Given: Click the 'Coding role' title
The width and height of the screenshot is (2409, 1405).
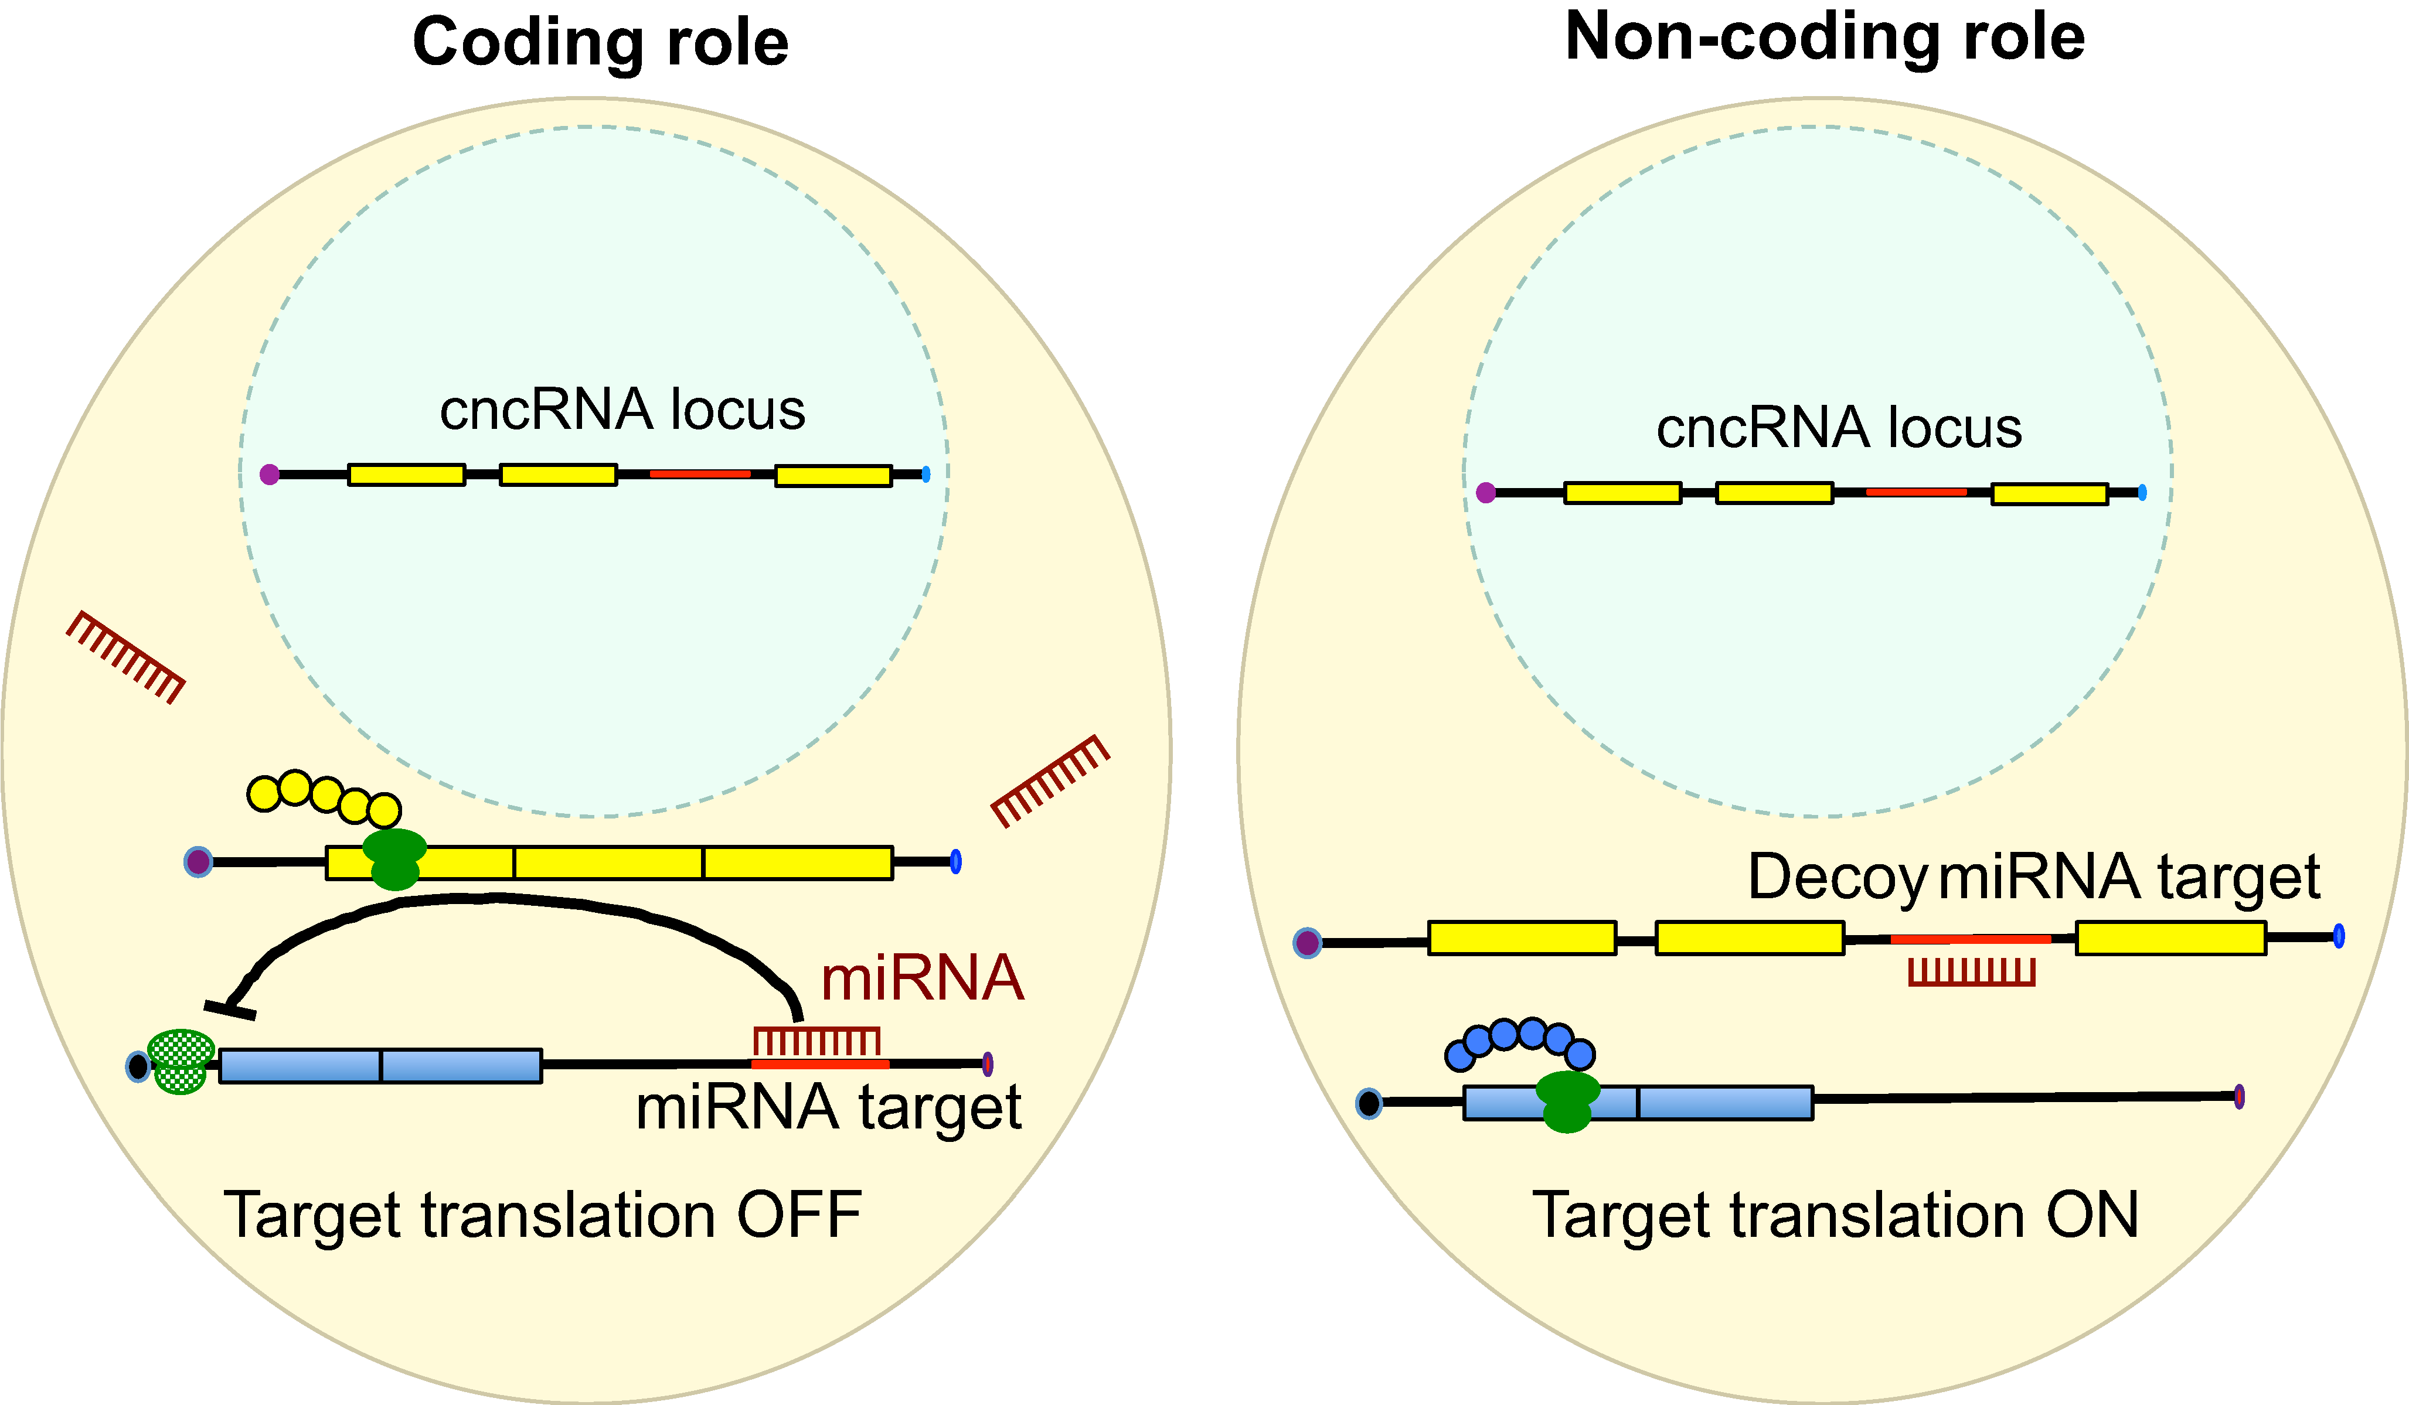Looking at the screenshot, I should click(600, 43).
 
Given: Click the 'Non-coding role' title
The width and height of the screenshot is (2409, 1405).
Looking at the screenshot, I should click(1824, 38).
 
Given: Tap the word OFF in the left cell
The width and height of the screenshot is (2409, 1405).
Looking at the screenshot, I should click(799, 1216).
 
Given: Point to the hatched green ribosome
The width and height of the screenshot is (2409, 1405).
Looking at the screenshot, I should click(181, 1061).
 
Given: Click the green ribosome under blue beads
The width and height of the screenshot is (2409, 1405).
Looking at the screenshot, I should click(1568, 1102).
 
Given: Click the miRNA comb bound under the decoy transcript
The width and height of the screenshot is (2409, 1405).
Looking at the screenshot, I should click(1971, 972).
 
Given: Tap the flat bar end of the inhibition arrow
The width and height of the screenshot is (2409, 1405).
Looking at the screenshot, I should click(229, 1010).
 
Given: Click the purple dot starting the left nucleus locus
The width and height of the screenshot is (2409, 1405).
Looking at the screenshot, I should click(270, 474).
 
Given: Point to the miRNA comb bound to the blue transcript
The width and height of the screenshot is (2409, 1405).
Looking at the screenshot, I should click(816, 1041).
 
